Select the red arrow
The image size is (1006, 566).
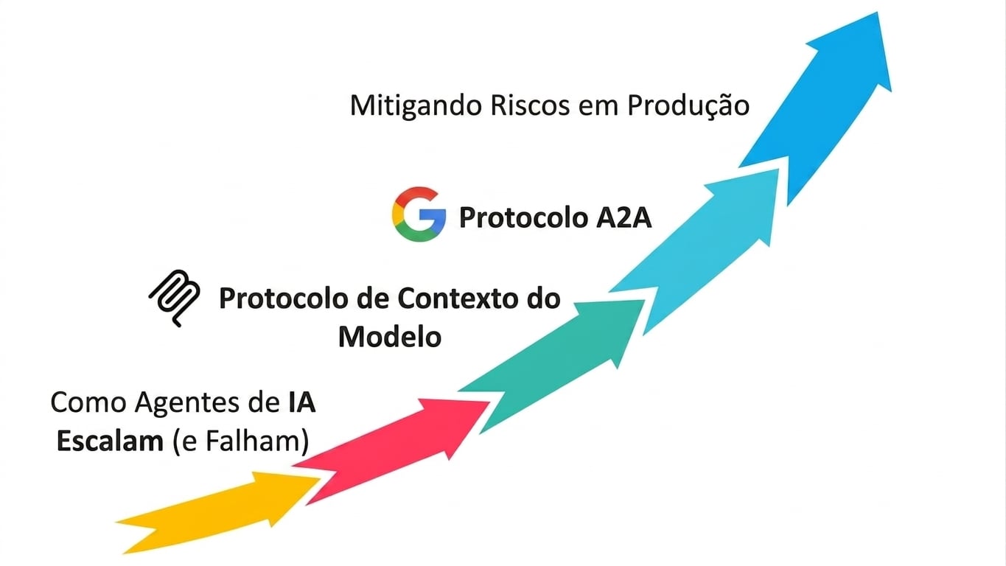pyautogui.click(x=395, y=447)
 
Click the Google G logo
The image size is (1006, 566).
pyautogui.click(x=419, y=214)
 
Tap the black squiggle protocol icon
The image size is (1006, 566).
pyautogui.click(x=175, y=298)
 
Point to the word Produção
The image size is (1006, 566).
pyautogui.click(x=688, y=107)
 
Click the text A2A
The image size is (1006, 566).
pyautogui.click(x=623, y=218)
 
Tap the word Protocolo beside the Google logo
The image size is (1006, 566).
pyautogui.click(x=523, y=218)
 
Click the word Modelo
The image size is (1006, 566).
pyautogui.click(x=390, y=337)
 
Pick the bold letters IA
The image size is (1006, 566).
pyautogui.click(x=299, y=402)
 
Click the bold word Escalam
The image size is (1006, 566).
pyautogui.click(x=110, y=441)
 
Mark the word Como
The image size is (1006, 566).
pyautogui.click(x=88, y=402)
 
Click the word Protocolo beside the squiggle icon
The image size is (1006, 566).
pyautogui.click(x=284, y=298)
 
